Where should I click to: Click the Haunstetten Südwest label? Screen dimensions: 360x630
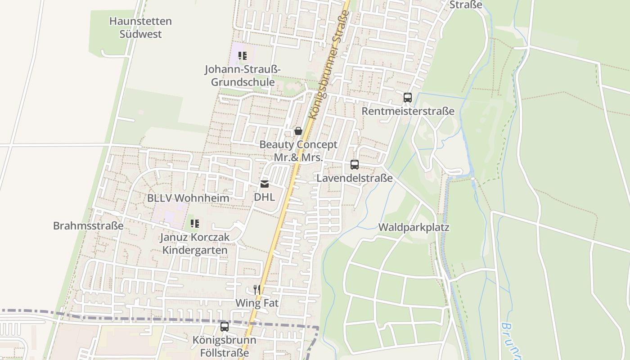(140, 27)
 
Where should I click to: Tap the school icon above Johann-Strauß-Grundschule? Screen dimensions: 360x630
(243, 56)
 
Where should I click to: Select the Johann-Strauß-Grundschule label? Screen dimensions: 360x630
(243, 76)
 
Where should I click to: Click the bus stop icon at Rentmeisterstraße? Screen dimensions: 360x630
(407, 97)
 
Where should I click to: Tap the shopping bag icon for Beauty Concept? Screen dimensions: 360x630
(298, 131)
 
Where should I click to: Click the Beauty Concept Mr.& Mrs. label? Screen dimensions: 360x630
(298, 151)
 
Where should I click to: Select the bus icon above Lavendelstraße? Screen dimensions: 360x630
(355, 165)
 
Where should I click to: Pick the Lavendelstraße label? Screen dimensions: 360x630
(355, 178)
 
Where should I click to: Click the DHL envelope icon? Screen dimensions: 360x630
(265, 184)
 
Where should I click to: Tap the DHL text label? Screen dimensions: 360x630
(264, 197)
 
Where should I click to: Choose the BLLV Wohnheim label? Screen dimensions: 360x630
(188, 198)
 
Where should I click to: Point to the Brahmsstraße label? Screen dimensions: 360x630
(88, 226)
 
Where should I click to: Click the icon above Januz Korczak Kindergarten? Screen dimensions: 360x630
(195, 223)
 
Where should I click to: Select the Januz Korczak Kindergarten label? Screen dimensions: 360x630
(195, 243)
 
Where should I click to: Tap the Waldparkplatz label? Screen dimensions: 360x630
(414, 227)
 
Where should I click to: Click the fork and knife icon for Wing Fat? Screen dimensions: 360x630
(257, 289)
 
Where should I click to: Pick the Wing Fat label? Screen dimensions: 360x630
(257, 303)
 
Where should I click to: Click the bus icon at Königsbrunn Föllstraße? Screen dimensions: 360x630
(225, 327)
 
